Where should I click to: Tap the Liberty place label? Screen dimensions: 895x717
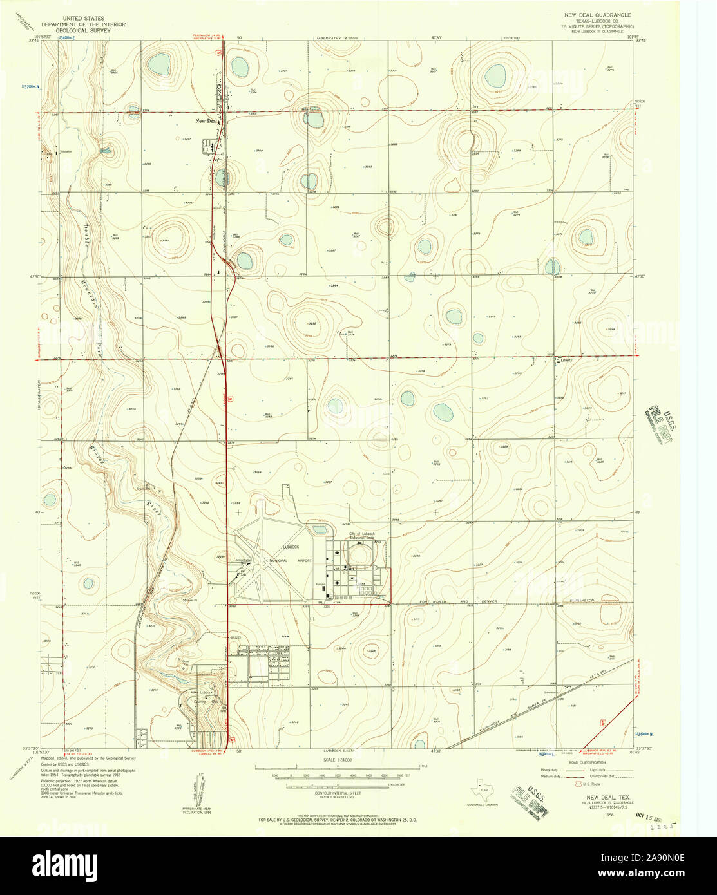tap(566, 361)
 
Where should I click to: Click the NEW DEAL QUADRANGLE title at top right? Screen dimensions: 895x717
tap(595, 14)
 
